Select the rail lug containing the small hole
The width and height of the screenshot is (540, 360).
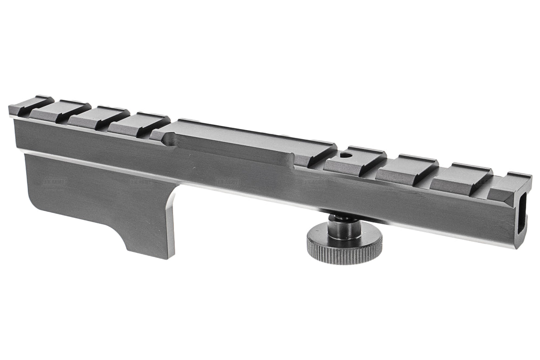[354, 157]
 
